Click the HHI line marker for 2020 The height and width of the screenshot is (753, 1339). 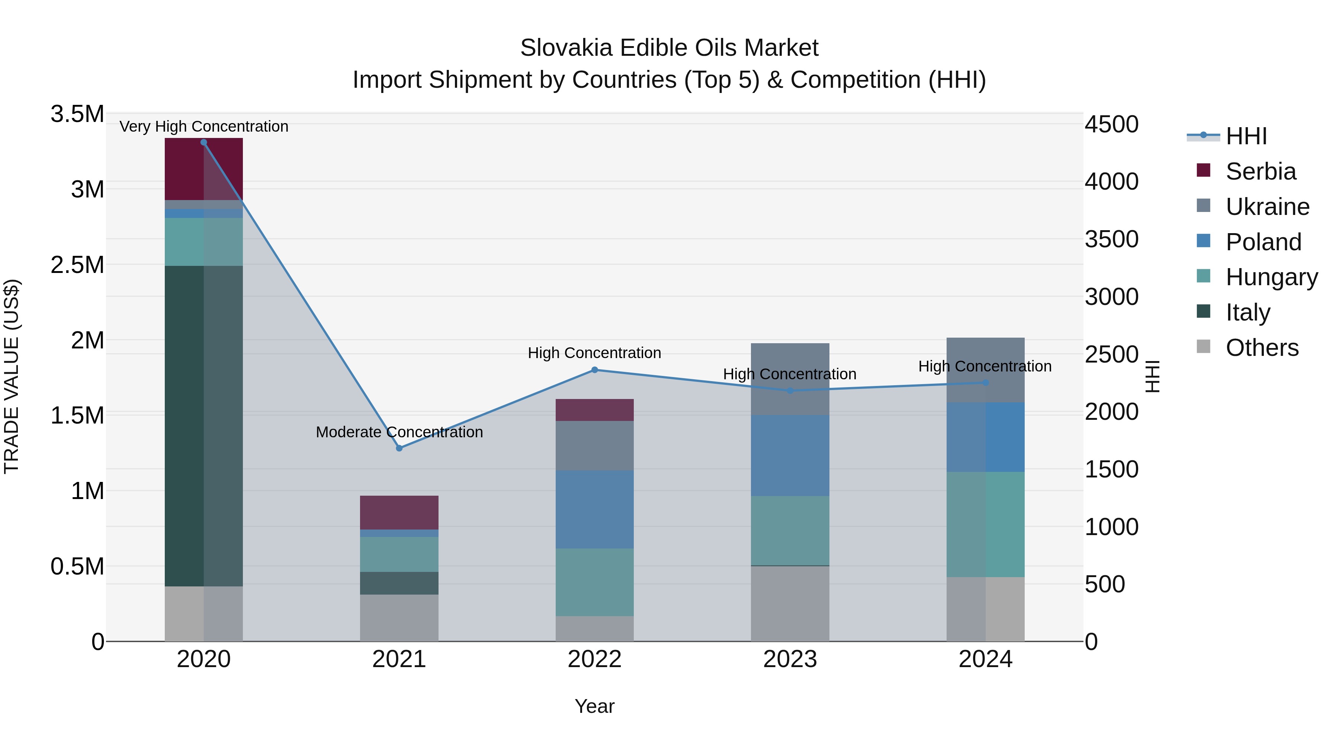tap(204, 142)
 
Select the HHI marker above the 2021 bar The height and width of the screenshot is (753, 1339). tap(399, 448)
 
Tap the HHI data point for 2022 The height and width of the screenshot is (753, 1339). tap(595, 370)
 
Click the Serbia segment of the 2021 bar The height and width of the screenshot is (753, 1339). tap(399, 512)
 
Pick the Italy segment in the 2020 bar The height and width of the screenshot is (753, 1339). tap(204, 426)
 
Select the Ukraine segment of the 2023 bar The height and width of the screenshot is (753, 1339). tap(790, 379)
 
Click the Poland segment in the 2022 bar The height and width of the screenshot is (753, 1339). tap(595, 509)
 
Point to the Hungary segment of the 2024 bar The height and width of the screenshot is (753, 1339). tap(986, 525)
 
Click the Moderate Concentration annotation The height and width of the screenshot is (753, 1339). tap(399, 432)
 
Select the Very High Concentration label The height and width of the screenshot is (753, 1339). tap(204, 126)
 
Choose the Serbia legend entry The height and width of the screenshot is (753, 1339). tap(1261, 171)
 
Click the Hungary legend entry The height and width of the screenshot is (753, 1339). tap(1271, 277)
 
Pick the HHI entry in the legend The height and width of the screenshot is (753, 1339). tap(1246, 136)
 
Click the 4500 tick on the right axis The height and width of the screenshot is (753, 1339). tap(1111, 124)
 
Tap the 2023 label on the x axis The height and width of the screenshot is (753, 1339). tap(790, 659)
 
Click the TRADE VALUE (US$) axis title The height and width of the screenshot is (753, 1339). tap(12, 376)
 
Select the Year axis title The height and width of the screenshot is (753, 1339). tap(595, 706)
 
